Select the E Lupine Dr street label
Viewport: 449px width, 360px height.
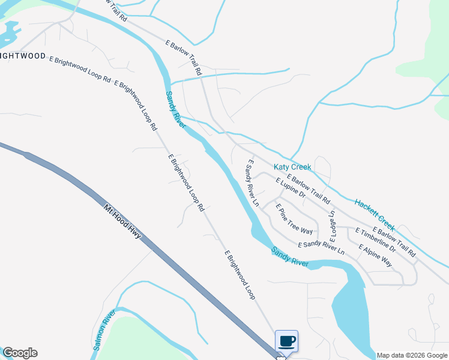[x=291, y=188]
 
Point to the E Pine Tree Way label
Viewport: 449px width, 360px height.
[x=294, y=219]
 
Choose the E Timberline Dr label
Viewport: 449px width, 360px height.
[x=375, y=239]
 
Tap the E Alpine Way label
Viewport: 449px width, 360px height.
[x=375, y=256]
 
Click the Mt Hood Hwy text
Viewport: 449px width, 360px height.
[x=122, y=221]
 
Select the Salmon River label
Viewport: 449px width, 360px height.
[x=104, y=331]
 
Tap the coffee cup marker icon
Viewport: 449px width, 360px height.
[x=286, y=341]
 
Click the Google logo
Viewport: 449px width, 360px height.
[x=19, y=353]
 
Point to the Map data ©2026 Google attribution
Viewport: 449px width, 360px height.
[x=412, y=355]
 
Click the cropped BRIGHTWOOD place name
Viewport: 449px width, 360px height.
[x=23, y=56]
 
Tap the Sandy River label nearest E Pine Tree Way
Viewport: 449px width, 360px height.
[x=289, y=256]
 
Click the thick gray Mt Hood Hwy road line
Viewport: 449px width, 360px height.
[x=180, y=270]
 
